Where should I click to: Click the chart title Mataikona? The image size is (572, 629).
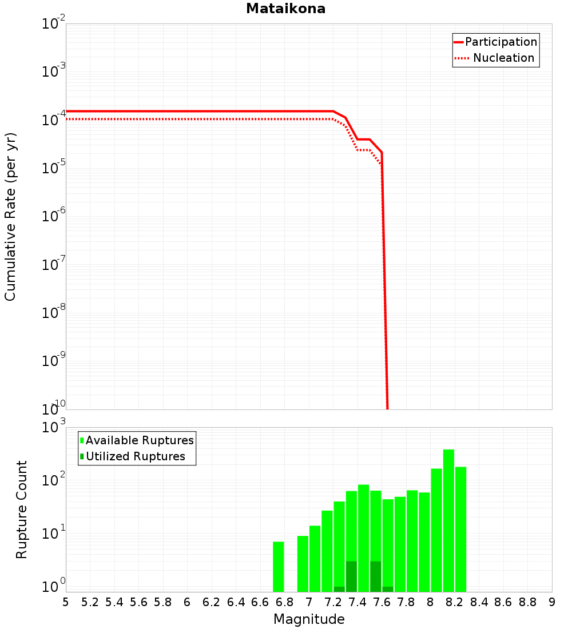(x=285, y=9)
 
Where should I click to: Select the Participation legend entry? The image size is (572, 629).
(x=500, y=42)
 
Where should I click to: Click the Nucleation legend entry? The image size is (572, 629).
(x=503, y=58)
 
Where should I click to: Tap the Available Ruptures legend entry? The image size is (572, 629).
(x=140, y=440)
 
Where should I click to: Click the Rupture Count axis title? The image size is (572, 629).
(x=22, y=509)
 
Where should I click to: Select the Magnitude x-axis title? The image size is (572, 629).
(x=309, y=619)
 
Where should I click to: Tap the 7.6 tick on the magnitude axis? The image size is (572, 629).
(x=382, y=602)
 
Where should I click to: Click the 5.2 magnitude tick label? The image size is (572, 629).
(x=90, y=602)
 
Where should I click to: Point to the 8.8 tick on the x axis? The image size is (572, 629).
(x=528, y=602)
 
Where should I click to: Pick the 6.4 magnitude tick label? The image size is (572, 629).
(x=236, y=602)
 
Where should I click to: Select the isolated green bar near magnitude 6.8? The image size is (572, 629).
(x=279, y=566)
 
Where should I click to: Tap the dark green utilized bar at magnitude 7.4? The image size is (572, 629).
(x=351, y=576)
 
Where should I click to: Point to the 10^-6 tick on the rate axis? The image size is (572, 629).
(x=54, y=216)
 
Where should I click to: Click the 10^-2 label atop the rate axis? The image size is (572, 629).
(x=54, y=24)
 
